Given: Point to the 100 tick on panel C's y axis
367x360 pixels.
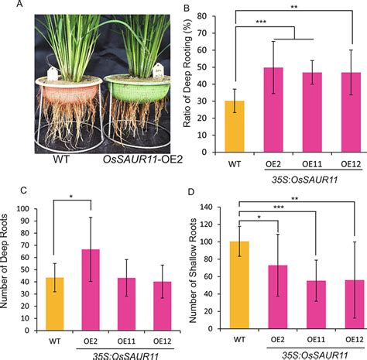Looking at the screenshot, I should [x=29, y=208].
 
